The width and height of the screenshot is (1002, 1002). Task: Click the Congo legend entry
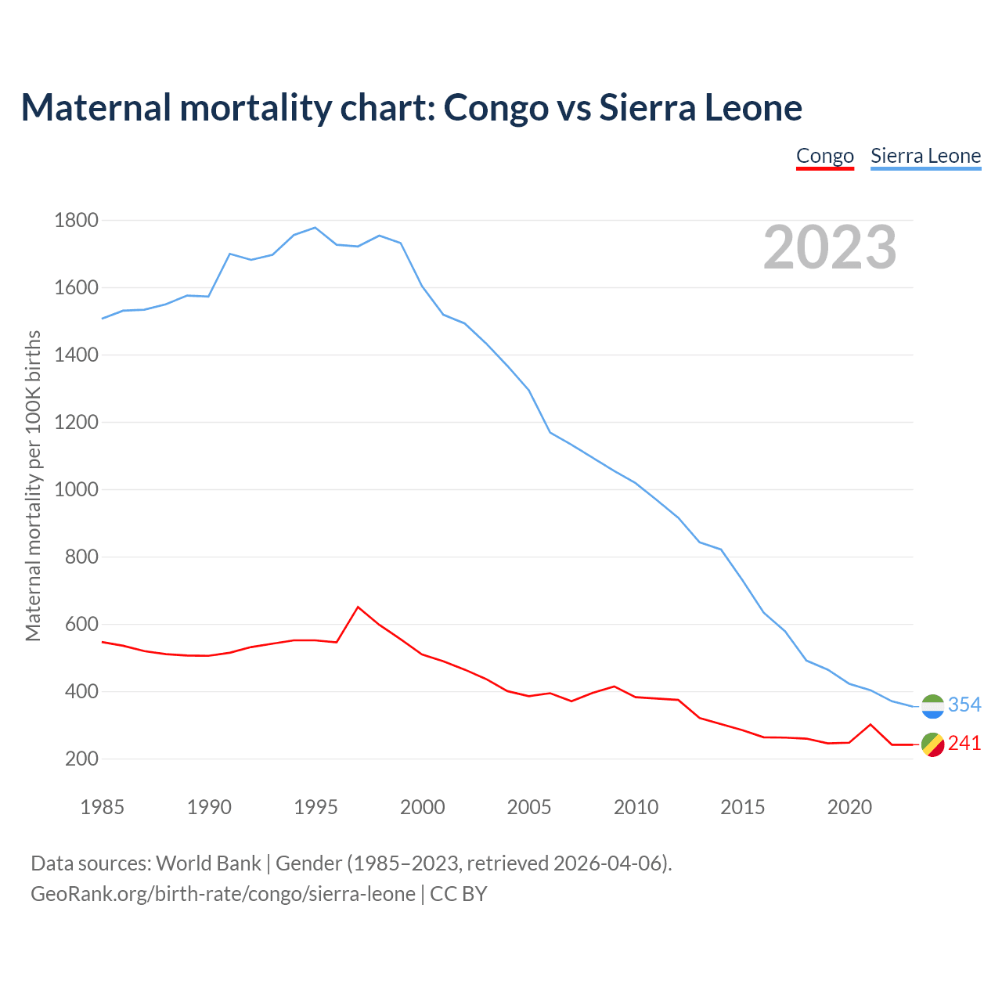(x=824, y=156)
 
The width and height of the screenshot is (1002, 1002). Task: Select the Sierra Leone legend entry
(x=925, y=156)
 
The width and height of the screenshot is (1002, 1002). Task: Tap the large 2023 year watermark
(x=830, y=247)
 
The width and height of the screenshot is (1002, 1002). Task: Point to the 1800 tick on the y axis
(x=76, y=220)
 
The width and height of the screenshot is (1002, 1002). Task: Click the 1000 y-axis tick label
(x=76, y=489)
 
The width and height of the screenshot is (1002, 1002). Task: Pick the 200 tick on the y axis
(x=81, y=759)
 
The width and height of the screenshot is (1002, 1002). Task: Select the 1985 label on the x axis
(x=102, y=806)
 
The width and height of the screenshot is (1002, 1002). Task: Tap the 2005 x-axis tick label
(x=529, y=806)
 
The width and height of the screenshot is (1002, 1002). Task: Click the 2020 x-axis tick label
(x=849, y=806)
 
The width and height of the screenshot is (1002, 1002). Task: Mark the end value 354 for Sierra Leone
(x=964, y=705)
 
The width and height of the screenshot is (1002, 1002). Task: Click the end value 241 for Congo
(x=964, y=743)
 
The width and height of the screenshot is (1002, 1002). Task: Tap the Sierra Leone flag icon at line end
(x=932, y=706)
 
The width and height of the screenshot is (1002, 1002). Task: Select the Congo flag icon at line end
(x=932, y=744)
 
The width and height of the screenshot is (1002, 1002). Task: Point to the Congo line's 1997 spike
(x=358, y=607)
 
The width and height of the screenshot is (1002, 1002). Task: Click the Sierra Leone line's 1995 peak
(x=315, y=228)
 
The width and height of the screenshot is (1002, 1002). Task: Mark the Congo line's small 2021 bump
(x=870, y=724)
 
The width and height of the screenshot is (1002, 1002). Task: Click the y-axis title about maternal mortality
(x=33, y=485)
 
